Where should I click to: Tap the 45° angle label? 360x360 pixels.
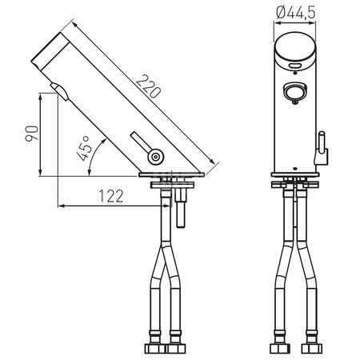click(x=91, y=150)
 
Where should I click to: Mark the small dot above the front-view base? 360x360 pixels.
click(x=294, y=170)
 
